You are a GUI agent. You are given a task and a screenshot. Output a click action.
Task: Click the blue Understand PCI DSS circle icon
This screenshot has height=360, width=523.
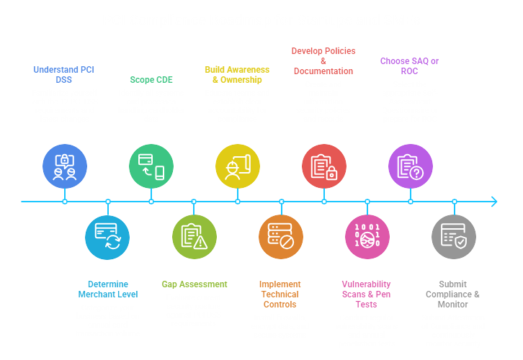(65, 166)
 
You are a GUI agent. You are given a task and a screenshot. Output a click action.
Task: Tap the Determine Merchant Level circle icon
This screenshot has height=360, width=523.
(107, 237)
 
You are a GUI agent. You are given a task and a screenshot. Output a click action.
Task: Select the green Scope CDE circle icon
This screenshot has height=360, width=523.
(151, 166)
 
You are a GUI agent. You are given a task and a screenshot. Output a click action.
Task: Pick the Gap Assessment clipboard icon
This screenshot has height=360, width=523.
(194, 237)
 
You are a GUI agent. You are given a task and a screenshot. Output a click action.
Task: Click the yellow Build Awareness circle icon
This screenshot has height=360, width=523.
(238, 166)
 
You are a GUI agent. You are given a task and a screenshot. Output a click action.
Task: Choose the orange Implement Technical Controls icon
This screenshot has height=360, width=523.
(281, 237)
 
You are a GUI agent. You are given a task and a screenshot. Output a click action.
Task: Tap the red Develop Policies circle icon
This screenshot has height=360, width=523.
(323, 166)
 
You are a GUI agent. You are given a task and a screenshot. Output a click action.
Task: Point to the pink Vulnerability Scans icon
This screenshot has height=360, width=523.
(367, 237)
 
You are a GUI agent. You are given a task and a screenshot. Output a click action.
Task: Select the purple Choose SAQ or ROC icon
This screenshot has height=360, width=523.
(411, 166)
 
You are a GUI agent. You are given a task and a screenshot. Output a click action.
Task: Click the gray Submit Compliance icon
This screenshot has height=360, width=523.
(454, 237)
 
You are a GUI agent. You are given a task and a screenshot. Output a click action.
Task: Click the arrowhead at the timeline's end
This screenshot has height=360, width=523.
(493, 202)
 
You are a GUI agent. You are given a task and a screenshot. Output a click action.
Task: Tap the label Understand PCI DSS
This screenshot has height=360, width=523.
(63, 75)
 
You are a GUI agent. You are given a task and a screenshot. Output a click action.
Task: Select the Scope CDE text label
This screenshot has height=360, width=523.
(151, 80)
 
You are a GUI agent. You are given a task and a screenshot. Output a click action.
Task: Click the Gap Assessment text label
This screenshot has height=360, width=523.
(194, 284)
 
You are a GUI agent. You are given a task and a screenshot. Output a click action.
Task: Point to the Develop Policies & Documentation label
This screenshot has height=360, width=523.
(323, 61)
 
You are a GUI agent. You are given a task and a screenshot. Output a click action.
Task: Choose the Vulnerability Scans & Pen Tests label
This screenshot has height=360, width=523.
(366, 294)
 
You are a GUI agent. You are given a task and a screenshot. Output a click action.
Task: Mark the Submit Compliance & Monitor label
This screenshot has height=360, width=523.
(452, 294)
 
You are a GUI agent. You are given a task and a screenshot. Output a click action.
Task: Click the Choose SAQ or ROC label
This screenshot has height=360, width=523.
(409, 66)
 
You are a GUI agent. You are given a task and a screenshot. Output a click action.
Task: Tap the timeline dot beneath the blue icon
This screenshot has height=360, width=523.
(65, 202)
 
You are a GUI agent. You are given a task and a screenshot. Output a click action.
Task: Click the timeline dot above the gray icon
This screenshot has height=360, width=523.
(454, 202)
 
